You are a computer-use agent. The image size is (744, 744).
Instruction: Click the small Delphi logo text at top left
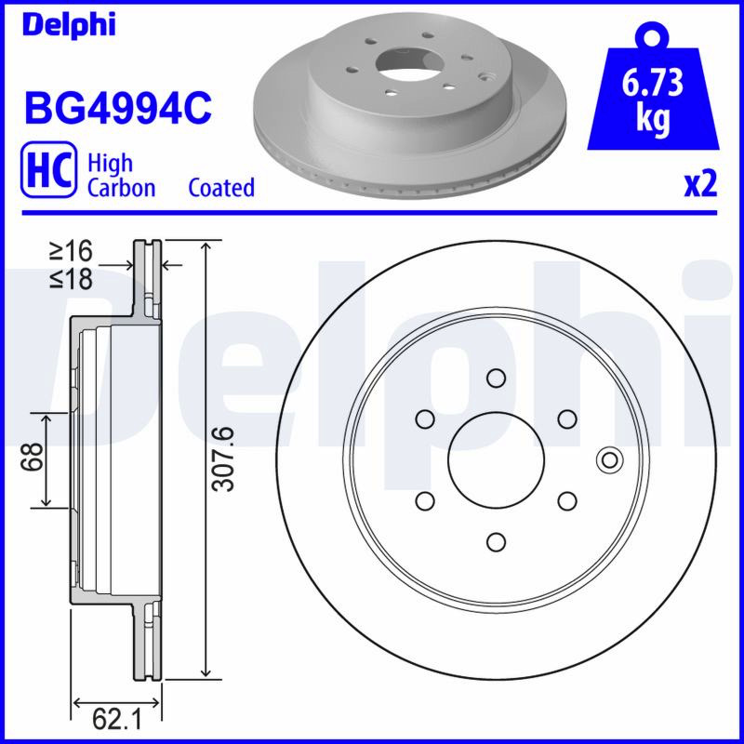tap(69, 24)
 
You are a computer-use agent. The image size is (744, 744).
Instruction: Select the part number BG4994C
tap(118, 109)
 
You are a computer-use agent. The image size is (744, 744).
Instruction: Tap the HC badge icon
tap(48, 169)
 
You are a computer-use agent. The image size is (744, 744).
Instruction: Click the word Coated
tap(221, 188)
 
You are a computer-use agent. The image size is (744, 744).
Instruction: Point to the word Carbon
tap(122, 188)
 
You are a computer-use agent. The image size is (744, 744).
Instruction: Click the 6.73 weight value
tap(653, 82)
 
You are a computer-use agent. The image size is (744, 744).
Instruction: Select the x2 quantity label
tap(700, 185)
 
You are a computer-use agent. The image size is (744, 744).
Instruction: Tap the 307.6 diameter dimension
tap(223, 458)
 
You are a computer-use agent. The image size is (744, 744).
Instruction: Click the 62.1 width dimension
tap(117, 719)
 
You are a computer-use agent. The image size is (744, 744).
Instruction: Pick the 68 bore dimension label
tap(32, 457)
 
